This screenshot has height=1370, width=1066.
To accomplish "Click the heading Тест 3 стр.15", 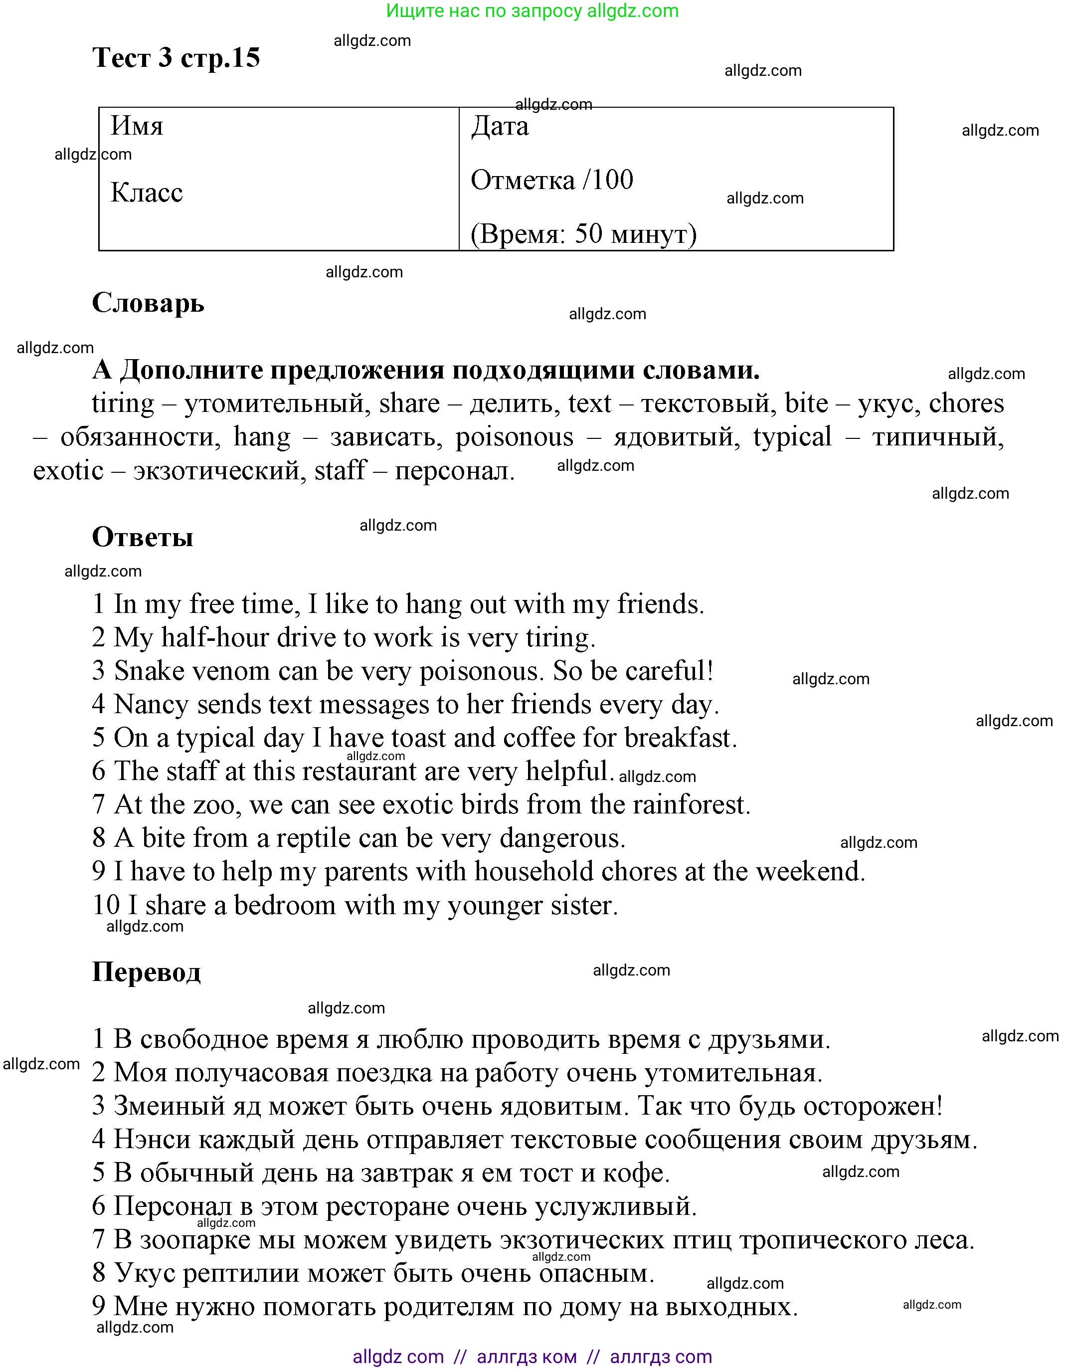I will point(176,58).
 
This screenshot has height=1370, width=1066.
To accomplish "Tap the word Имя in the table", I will point(137,126).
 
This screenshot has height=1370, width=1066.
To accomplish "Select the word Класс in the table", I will point(146,193).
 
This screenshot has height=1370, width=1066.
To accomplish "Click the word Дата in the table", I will point(499,126).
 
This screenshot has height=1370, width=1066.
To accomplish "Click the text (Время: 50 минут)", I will point(583,234).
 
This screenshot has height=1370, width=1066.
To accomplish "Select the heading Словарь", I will point(148,303).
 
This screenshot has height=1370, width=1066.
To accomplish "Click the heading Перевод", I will point(146,973).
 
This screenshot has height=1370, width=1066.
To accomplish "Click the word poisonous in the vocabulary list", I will point(514,437).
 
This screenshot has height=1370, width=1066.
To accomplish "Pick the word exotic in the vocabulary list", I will point(68,470).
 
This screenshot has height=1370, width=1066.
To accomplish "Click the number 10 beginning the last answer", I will point(105,905).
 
